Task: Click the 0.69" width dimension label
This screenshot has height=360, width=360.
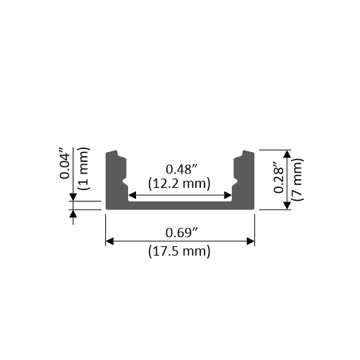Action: (181, 233)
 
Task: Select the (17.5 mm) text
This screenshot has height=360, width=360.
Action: (179, 251)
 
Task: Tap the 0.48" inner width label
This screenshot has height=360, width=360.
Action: (181, 169)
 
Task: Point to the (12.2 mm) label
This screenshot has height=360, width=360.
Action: (179, 184)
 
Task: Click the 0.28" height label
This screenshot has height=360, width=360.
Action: (279, 178)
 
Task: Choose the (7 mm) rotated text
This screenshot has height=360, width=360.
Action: (297, 179)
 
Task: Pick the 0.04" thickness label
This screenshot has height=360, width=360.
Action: (65, 163)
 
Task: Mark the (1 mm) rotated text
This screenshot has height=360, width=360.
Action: (84, 168)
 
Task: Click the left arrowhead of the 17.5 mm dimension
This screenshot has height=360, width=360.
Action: (109, 241)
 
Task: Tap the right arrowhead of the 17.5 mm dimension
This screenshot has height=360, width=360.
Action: (251, 241)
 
